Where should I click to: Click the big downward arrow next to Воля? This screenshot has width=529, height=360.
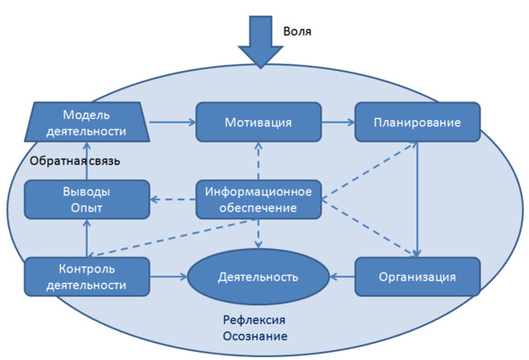260,40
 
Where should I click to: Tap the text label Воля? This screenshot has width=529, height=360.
297,31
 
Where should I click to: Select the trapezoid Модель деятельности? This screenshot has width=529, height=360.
87,122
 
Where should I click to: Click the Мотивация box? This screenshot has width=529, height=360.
259,122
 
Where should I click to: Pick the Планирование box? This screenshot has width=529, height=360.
417,122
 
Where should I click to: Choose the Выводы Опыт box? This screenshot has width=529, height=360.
87,200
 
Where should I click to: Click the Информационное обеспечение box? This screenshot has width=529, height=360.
259,200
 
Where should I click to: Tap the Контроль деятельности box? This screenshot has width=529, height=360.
87,277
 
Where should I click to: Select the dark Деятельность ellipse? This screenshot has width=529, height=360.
258,277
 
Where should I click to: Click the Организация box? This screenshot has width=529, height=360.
417,277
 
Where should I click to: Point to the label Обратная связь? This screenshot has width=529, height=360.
75,161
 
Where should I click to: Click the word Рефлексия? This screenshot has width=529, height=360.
254,320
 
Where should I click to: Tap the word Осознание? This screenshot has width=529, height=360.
255,336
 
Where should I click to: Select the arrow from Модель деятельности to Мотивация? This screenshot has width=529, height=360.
173,122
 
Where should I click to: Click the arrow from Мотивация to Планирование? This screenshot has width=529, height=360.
338,122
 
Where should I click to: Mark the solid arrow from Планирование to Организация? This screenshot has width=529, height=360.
417,200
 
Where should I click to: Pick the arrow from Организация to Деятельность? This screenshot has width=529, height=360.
342,277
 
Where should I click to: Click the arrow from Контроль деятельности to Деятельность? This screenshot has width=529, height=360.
168,277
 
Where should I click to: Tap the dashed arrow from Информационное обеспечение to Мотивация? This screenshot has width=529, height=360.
259,160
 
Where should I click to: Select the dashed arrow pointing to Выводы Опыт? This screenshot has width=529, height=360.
173,200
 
